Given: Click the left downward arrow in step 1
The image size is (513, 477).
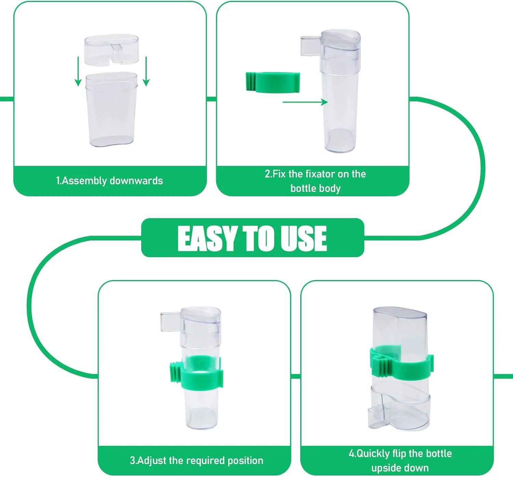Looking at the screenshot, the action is [78, 71].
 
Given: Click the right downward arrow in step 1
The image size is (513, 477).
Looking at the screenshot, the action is [146, 71].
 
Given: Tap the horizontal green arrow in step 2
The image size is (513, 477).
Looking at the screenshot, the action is [305, 102].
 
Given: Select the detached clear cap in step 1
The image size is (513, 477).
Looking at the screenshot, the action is [111, 50].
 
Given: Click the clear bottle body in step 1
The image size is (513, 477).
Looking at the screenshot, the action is [111, 109].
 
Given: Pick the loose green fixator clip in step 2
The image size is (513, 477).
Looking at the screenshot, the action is [273, 82].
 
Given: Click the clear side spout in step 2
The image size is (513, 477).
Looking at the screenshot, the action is [311, 46].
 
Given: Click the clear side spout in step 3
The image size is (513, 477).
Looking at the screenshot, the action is [171, 321].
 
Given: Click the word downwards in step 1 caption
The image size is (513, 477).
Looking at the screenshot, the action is [136, 181].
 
